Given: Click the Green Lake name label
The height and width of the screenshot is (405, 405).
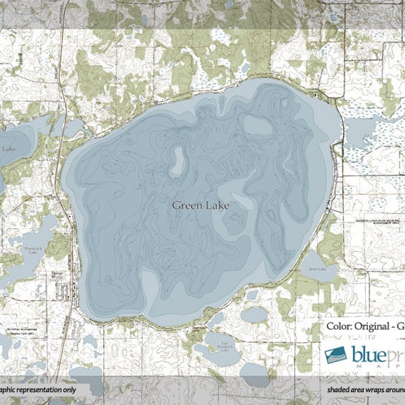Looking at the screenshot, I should (x=200, y=205).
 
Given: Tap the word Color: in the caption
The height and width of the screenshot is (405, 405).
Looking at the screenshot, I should (x=339, y=326).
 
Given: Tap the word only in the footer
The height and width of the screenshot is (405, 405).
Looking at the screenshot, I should (x=65, y=390).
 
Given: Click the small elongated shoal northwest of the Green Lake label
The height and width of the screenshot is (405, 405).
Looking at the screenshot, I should (x=179, y=161).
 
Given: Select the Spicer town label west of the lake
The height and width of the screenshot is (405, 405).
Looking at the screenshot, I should (x=58, y=274).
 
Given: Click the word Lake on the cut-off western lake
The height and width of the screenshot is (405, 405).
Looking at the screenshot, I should (x=9, y=148).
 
